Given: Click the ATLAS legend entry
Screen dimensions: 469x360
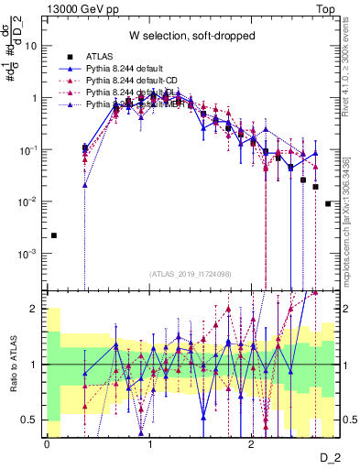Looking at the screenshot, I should point(123,57).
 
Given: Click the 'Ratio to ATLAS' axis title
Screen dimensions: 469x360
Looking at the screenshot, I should point(11,365).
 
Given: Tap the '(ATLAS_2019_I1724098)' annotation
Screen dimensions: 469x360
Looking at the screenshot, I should point(190,274).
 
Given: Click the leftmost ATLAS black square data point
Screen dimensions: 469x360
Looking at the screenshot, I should point(53,235).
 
